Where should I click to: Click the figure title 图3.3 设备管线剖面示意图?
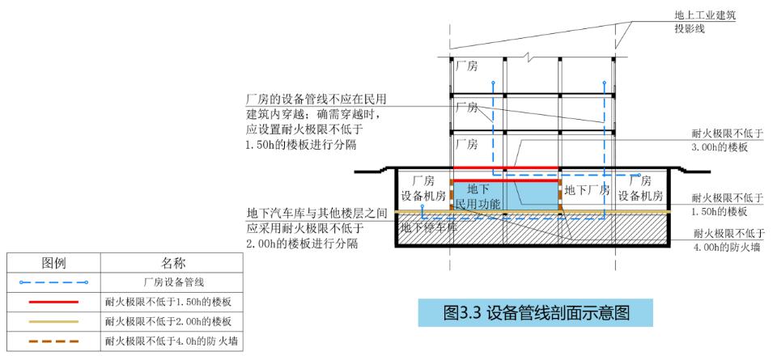click(x=535, y=312)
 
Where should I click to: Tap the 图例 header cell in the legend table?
click(x=53, y=262)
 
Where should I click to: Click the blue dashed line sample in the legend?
click(x=53, y=282)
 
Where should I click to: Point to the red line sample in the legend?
click(x=53, y=302)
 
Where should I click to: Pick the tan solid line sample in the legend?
click(x=53, y=321)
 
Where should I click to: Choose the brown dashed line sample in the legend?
click(x=53, y=341)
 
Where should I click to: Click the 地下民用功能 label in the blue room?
click(x=478, y=196)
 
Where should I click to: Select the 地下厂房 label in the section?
click(x=588, y=190)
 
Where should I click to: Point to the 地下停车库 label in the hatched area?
click(x=428, y=228)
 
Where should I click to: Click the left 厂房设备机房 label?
click(x=424, y=188)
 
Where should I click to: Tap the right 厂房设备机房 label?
click(x=640, y=188)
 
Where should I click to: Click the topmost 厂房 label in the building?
click(x=466, y=66)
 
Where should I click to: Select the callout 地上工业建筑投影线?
click(x=706, y=22)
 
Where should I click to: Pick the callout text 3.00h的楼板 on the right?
click(x=720, y=147)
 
